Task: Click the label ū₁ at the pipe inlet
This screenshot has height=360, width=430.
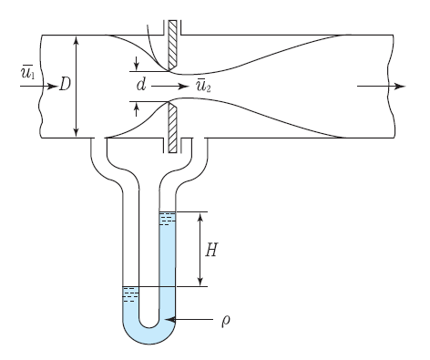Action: [x=27, y=72]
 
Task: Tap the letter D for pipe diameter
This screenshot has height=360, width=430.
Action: [x=65, y=84]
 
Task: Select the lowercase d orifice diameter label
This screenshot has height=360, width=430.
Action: [x=141, y=84]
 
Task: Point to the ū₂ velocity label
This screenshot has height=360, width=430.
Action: [x=203, y=85]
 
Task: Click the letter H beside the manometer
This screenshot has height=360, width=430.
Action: [x=211, y=250]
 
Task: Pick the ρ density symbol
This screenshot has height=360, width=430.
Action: [x=225, y=321]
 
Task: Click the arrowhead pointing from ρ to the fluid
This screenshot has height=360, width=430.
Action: [x=170, y=320]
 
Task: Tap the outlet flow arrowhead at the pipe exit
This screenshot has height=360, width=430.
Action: [x=400, y=87]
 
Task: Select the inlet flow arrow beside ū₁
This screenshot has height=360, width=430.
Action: [x=39, y=87]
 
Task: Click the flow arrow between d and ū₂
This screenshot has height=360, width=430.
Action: [x=170, y=87]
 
